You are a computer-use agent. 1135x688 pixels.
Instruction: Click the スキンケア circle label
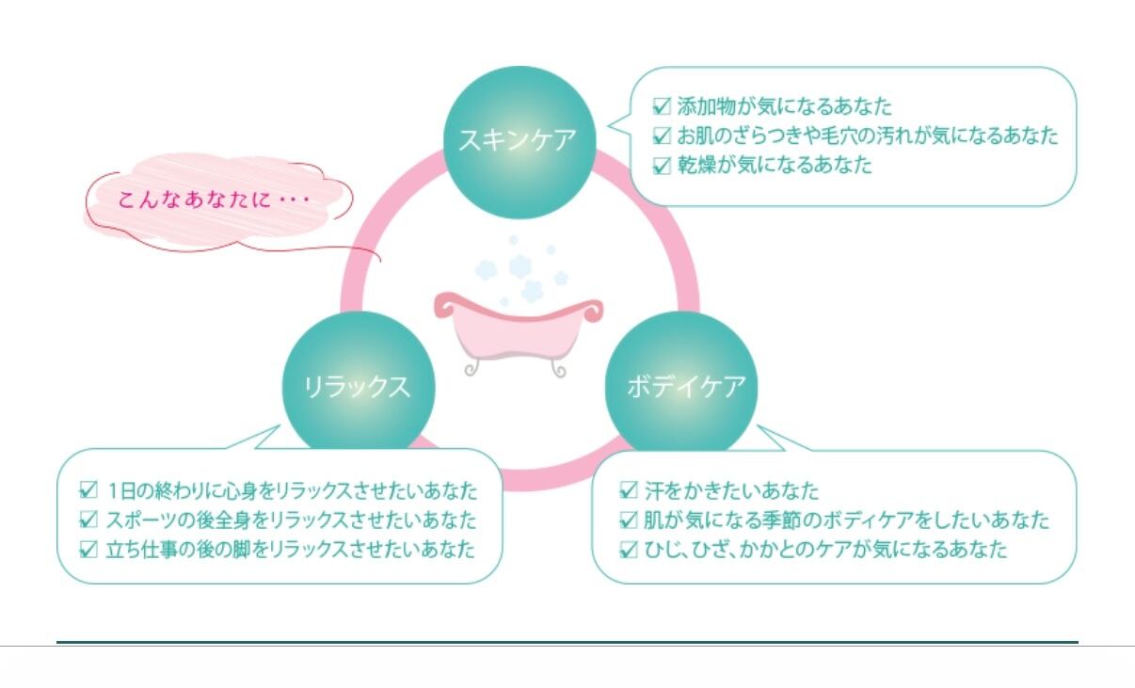[517, 140]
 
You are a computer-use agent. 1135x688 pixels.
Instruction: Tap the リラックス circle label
[357, 387]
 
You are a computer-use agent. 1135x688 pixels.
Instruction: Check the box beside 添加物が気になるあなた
[662, 105]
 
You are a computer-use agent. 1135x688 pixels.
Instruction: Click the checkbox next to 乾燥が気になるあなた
[662, 166]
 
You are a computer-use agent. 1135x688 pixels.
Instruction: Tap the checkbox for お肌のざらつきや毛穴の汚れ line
[662, 136]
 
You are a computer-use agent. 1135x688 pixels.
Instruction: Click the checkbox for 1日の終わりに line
[89, 489]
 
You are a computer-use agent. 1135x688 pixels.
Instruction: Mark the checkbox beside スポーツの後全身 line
[89, 519]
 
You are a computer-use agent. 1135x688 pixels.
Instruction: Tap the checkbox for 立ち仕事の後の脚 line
[89, 549]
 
